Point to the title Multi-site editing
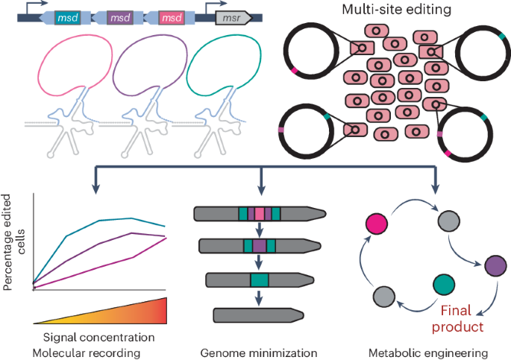coord(378,11)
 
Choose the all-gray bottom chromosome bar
coord(260,314)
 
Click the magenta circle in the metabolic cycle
coord(375,222)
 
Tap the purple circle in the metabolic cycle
coord(495,265)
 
